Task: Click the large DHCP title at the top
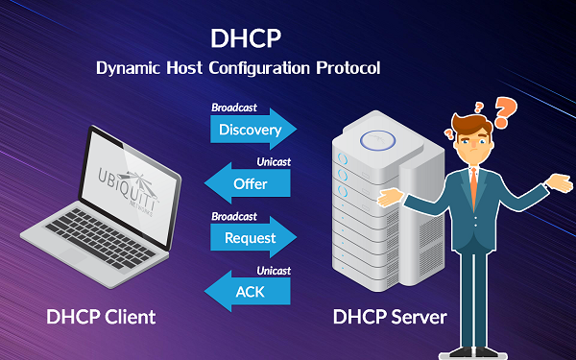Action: (246, 38)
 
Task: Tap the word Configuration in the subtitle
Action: (259, 69)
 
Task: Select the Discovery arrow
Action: (253, 129)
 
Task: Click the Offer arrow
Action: (248, 183)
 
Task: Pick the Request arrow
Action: (253, 237)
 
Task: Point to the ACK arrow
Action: (248, 291)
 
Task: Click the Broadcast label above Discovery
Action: (234, 108)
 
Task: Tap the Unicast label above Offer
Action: (274, 161)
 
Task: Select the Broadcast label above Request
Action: (234, 216)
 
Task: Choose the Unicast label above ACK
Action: (274, 271)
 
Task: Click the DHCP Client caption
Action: (101, 317)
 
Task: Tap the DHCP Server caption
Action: (390, 317)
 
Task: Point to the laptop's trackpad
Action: (73, 254)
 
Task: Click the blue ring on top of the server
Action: (377, 140)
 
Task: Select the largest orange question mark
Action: (505, 112)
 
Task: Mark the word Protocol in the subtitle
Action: (348, 68)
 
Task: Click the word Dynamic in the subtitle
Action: (129, 69)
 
